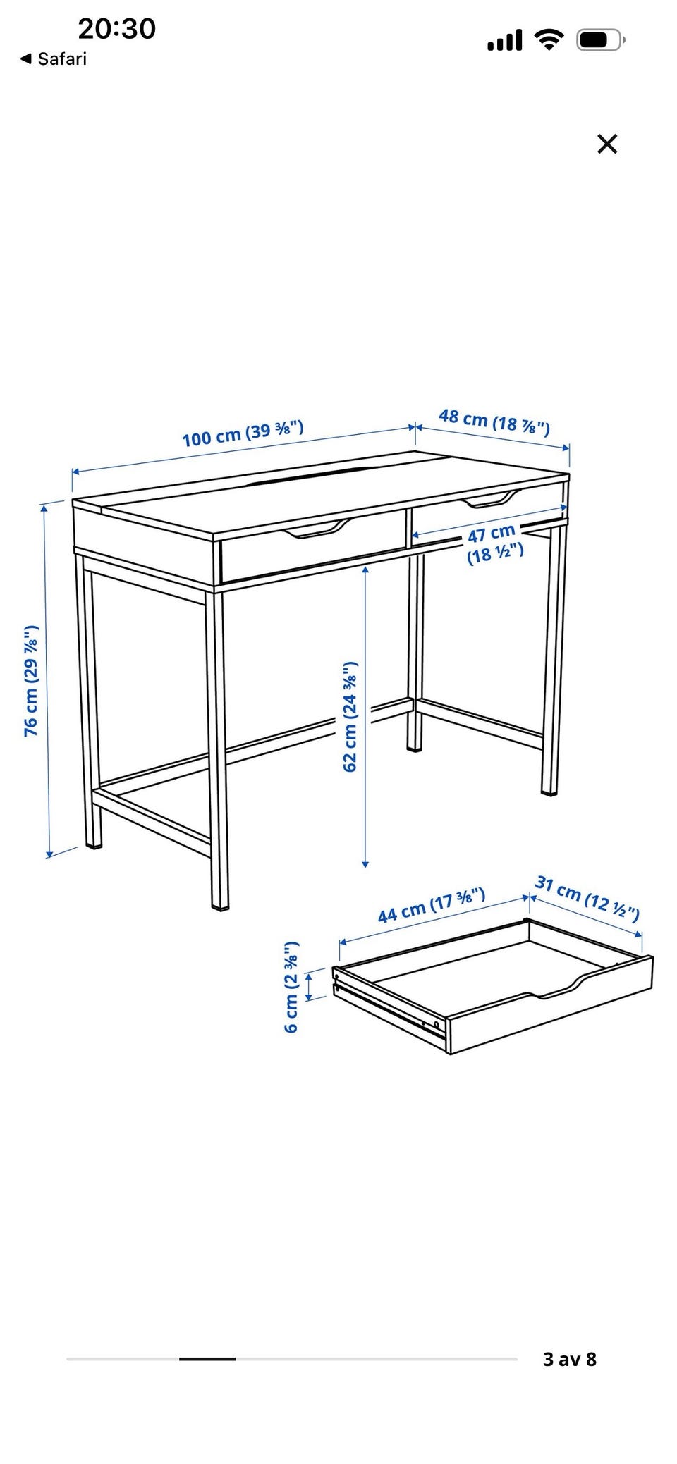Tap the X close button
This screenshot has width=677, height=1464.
click(607, 144)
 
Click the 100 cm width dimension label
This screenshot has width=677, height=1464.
click(243, 433)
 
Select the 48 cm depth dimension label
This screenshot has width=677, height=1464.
click(494, 422)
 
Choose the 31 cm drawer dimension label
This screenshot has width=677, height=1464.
click(587, 898)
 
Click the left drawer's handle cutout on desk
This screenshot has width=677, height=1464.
click(317, 529)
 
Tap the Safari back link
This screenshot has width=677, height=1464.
click(54, 59)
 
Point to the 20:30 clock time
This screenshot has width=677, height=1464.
click(116, 29)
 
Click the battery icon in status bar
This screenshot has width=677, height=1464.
click(601, 40)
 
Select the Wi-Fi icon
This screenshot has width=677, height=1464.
click(548, 39)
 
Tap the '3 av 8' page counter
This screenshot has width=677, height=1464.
click(570, 1359)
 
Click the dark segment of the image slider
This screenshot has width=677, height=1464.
click(207, 1358)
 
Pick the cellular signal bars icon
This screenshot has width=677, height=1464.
click(505, 40)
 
